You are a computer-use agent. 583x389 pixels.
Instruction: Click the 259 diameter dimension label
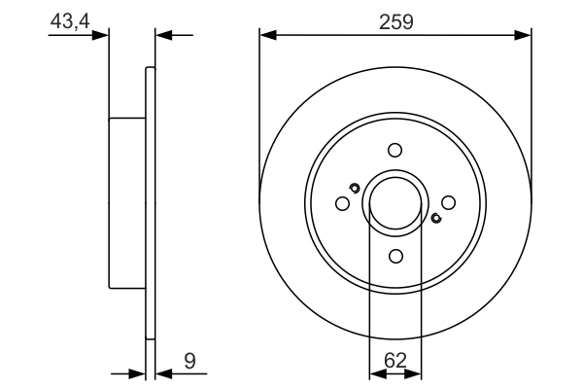(396, 20)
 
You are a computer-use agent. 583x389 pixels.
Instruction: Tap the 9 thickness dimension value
(190, 361)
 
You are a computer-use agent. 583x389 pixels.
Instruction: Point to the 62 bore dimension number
(394, 361)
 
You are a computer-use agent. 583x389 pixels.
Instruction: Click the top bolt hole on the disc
(394, 150)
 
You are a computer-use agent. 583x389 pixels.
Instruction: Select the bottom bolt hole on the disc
(394, 255)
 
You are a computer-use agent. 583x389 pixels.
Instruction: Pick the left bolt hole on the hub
(342, 203)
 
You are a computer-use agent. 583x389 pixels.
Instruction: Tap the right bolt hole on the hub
(448, 202)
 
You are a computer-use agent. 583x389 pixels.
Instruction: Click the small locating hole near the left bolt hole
(355, 188)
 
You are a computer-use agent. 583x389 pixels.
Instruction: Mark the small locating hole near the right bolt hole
(435, 218)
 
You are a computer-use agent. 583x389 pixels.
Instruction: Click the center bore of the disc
(394, 202)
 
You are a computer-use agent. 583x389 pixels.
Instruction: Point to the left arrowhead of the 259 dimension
(268, 36)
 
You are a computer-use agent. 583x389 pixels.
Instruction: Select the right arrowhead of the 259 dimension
(523, 36)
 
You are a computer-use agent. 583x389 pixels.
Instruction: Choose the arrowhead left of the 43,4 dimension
(100, 36)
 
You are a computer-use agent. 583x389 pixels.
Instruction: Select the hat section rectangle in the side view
(127, 203)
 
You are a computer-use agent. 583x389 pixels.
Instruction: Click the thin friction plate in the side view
(150, 203)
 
